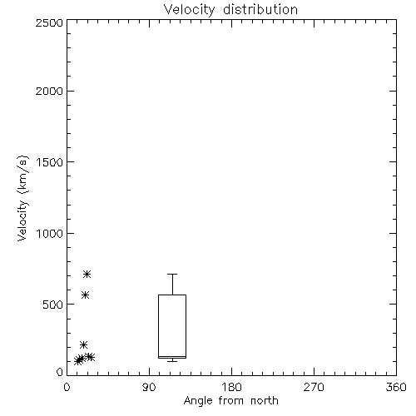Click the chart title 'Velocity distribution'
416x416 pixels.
[230, 9]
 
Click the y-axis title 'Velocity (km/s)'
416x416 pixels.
[22, 198]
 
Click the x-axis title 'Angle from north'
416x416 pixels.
[230, 401]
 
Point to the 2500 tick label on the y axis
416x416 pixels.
[49, 22]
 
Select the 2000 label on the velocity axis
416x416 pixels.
[49, 91]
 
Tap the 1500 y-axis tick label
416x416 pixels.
[50, 162]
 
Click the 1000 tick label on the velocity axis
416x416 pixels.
[50, 233]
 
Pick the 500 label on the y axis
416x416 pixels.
[53, 305]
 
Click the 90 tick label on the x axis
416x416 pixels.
[149, 387]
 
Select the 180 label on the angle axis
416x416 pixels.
[231, 387]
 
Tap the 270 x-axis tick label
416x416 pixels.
[314, 387]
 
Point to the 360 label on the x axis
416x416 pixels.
[396, 387]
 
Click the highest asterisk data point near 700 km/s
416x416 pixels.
[87, 275]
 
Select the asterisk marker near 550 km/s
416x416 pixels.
[86, 295]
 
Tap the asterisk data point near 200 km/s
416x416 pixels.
[84, 345]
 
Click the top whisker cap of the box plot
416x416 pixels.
[172, 274]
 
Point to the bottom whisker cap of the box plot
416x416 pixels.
[172, 361]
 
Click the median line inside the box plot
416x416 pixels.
[172, 356]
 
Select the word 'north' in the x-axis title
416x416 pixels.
[265, 401]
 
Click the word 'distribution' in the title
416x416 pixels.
[260, 9]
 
